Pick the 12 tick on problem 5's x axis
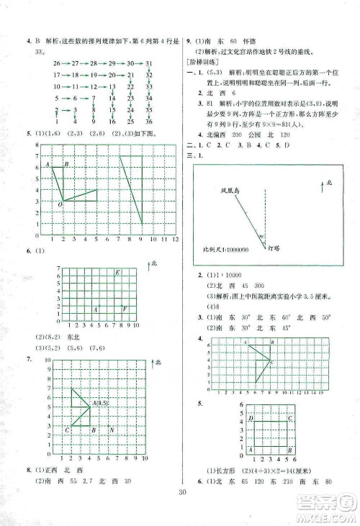(x=176, y=239)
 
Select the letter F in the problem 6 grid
(x=125, y=309)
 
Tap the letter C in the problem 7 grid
(x=67, y=430)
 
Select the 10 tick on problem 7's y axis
(x=48, y=359)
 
